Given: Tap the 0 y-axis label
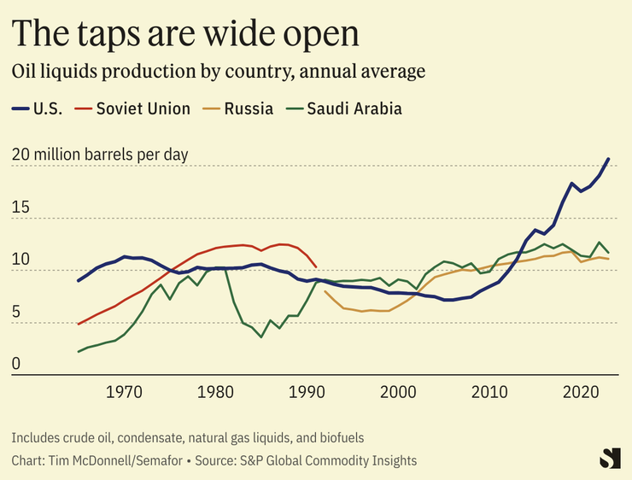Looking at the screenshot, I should [15, 365].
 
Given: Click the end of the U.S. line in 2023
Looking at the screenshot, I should [608, 159].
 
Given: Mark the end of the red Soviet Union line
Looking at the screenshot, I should [317, 266].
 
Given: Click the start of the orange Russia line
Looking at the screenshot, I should [325, 292].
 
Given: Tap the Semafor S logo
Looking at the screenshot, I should [609, 457].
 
